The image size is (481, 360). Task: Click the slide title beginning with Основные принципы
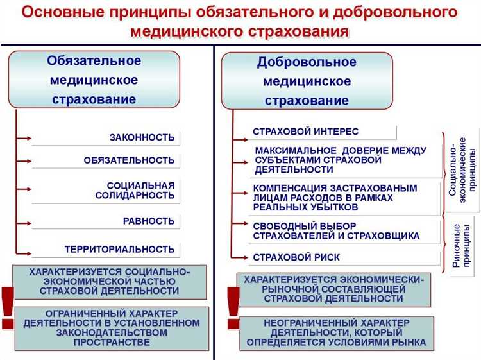pos(240,21)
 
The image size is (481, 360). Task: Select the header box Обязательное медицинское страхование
pos(94,80)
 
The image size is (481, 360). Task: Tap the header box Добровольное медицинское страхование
pos(307,81)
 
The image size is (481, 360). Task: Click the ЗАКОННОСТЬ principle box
pos(106,137)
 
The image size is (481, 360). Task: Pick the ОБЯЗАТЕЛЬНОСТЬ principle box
pos(106,160)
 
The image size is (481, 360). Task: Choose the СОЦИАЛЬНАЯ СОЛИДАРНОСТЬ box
pos(106,190)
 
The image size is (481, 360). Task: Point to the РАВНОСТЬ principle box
pos(106,221)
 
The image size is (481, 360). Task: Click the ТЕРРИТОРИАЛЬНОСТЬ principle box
pos(106,249)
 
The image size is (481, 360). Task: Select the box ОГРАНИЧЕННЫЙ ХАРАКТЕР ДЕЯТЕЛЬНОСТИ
pos(112,329)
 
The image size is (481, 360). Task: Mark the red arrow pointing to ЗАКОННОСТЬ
pos(23,137)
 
